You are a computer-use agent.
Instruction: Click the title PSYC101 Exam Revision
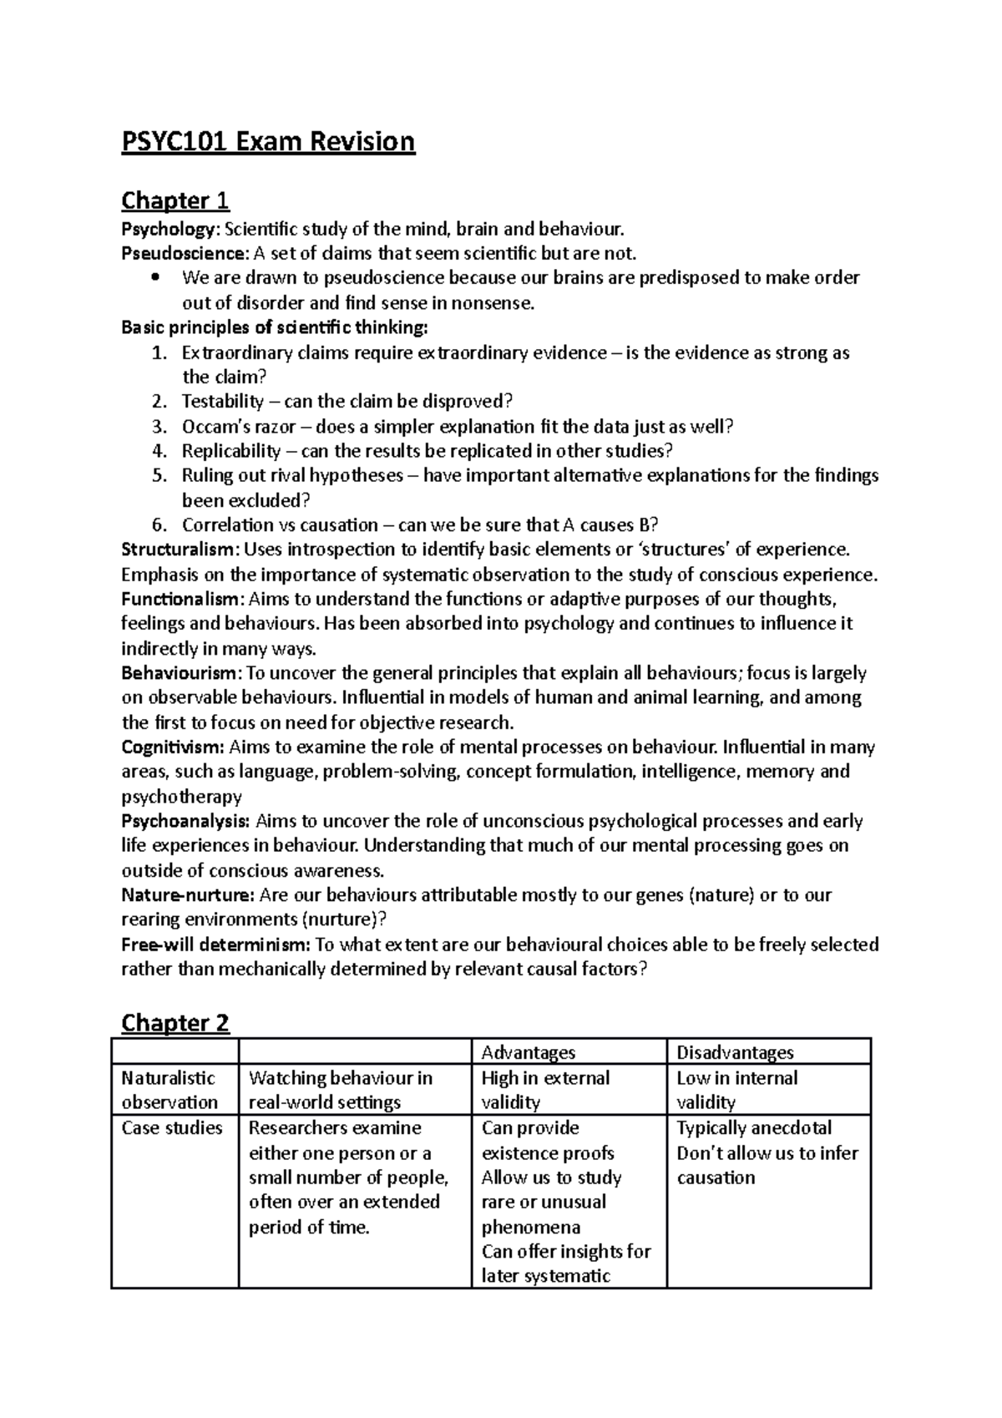click(268, 142)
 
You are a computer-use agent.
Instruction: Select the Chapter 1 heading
click(175, 201)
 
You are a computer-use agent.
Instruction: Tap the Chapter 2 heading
click(175, 1023)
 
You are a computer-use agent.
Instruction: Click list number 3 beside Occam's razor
click(159, 427)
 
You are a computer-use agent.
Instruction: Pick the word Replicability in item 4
click(231, 451)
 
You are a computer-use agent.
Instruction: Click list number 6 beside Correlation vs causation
click(159, 525)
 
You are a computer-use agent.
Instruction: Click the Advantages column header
click(529, 1052)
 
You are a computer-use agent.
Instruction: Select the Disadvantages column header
click(735, 1052)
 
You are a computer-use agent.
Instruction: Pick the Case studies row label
click(172, 1128)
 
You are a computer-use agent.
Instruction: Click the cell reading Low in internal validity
click(736, 1090)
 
